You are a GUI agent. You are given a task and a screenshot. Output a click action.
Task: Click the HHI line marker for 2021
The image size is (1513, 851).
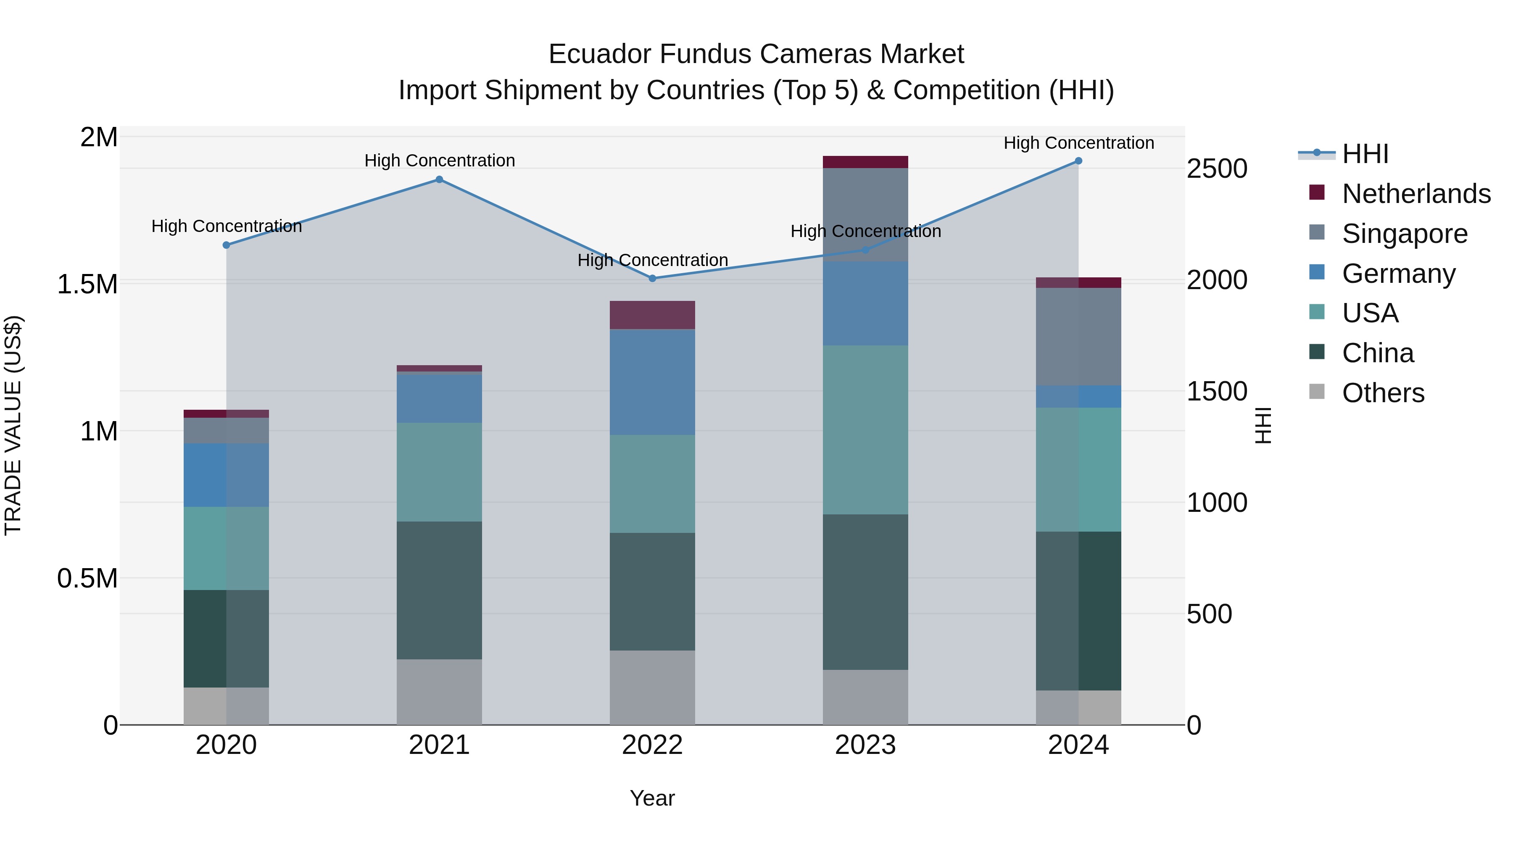(x=439, y=180)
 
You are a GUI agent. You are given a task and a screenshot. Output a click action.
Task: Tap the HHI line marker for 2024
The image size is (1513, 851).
(x=1078, y=161)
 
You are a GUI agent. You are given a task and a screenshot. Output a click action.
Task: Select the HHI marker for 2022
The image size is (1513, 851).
(x=652, y=278)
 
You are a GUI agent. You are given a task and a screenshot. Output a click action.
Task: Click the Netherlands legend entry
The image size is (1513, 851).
(x=1416, y=194)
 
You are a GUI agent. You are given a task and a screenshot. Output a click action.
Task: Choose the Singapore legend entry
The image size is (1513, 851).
(x=1404, y=234)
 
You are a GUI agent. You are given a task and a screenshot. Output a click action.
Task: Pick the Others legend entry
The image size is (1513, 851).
(x=1383, y=393)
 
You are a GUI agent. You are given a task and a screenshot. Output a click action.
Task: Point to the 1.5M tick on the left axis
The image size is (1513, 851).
(x=87, y=284)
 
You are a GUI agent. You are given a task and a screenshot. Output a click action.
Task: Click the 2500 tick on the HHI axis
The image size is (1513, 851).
(x=1216, y=169)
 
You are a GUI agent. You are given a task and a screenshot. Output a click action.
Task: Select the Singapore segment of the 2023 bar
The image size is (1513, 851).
(x=865, y=214)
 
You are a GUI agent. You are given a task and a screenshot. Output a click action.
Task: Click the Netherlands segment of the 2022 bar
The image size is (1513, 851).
(x=652, y=315)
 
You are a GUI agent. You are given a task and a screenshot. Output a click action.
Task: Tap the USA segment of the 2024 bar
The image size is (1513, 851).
(x=1078, y=469)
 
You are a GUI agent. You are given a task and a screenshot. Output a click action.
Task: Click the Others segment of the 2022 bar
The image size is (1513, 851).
(x=652, y=687)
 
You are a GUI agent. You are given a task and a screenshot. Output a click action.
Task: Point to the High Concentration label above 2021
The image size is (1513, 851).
(x=439, y=161)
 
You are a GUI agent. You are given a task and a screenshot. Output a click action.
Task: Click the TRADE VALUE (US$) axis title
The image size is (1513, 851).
(x=13, y=425)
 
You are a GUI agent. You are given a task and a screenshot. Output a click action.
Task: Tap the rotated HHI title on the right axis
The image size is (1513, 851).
(x=1263, y=425)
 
